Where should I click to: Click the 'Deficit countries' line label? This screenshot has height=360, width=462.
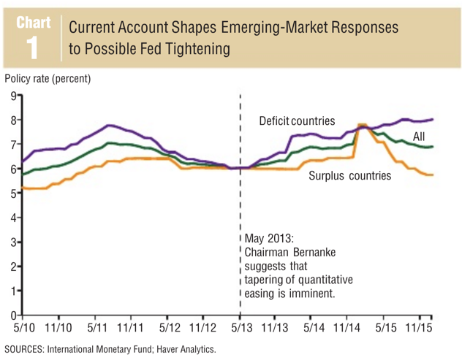pyautogui.click(x=297, y=120)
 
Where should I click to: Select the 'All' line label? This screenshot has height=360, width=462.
pyautogui.click(x=420, y=137)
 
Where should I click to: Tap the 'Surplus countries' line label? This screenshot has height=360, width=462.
pyautogui.click(x=349, y=175)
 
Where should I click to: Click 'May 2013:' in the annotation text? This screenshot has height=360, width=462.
pyautogui.click(x=270, y=239)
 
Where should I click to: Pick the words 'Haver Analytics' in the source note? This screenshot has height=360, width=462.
pyautogui.click(x=186, y=349)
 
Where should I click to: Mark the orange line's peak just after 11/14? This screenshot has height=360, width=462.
pyautogui.click(x=361, y=125)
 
